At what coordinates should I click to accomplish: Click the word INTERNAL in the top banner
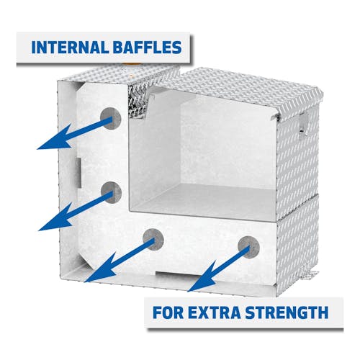tap(70, 48)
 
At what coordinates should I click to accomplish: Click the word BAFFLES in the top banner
tap(147, 48)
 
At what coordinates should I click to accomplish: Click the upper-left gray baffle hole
tap(110, 119)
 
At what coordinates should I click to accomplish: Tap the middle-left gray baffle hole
tap(111, 192)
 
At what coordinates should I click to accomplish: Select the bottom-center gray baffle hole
tap(153, 240)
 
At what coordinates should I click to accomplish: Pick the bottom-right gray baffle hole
tap(248, 247)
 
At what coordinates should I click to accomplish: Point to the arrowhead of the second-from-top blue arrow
tap(56, 218)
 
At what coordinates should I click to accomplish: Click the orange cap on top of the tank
tap(131, 65)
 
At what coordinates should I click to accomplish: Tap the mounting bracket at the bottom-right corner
tap(309, 274)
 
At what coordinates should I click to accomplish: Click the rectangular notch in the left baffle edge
tap(78, 172)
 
